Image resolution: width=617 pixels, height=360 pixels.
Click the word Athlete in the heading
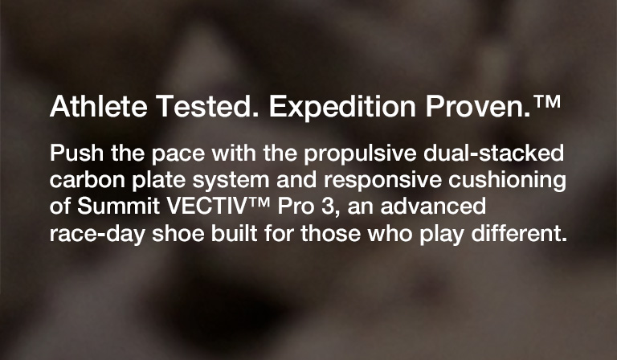98,106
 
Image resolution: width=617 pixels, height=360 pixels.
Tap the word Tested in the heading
207,106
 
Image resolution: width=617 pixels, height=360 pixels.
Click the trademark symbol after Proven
547,101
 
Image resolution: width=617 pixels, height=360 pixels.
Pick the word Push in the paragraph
76,153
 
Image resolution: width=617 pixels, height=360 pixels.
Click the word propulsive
360,154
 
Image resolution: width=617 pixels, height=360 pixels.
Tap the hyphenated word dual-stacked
494,153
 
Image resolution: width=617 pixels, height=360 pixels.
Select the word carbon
88,180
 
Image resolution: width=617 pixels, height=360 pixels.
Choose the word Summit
118,207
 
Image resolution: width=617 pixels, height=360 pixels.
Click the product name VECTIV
206,207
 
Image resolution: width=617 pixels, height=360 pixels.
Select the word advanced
433,207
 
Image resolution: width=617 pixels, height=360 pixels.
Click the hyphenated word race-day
97,235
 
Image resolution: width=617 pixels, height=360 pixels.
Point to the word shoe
178,233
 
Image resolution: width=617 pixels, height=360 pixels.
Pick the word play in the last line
442,235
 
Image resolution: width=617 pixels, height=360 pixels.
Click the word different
519,233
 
